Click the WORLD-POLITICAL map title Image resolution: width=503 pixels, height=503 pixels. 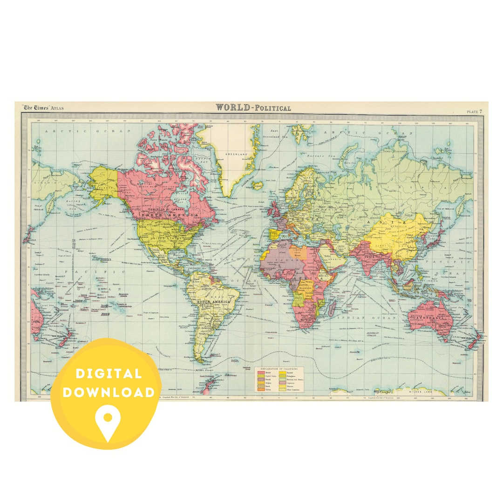253,108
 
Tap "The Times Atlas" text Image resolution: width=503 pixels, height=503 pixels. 44,108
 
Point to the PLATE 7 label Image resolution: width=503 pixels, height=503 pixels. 474,111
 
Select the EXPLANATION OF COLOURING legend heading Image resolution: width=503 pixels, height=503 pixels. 279,368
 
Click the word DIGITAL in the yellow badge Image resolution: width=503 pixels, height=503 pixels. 109,373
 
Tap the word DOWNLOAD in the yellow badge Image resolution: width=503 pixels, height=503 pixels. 109,392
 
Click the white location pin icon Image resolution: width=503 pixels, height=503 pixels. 109,421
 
